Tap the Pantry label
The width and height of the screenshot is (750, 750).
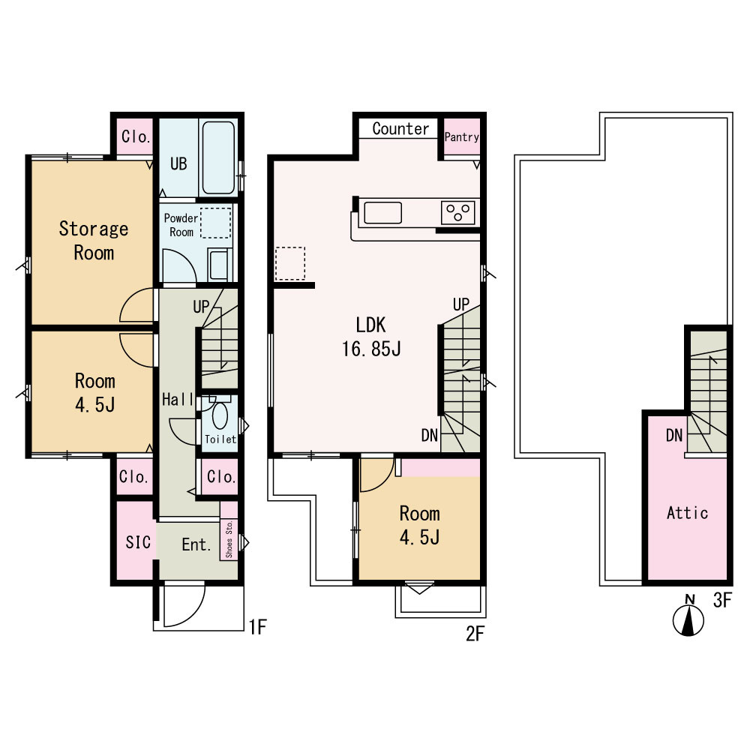461,137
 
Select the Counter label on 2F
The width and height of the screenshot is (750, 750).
400,129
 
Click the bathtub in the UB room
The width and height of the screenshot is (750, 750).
218,157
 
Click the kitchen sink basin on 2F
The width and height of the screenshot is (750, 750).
382,213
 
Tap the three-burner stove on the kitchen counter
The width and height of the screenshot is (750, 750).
457,213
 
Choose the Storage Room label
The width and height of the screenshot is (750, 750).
94,241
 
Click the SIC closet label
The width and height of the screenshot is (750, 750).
138,542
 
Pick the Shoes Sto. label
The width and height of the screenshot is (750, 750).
229,539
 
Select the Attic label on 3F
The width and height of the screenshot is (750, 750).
687,513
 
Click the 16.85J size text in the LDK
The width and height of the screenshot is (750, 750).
371,349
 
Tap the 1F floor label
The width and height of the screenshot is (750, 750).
258,626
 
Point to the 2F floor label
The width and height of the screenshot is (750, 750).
475,634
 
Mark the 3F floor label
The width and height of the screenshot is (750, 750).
722,600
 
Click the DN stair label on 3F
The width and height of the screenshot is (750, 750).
674,435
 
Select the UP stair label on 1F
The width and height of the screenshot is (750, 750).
201,307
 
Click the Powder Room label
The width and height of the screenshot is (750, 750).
181,225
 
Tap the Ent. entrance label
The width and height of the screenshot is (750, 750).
196,544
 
